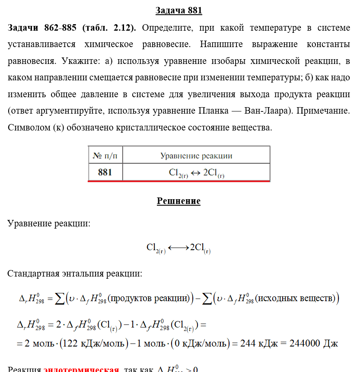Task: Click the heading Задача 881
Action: click(x=178, y=10)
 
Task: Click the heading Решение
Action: click(x=178, y=201)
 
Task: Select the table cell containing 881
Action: click(x=105, y=172)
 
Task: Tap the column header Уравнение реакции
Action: click(x=196, y=156)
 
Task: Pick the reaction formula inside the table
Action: click(x=196, y=172)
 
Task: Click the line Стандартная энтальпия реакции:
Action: click(x=75, y=273)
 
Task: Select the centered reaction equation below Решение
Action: click(x=178, y=248)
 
